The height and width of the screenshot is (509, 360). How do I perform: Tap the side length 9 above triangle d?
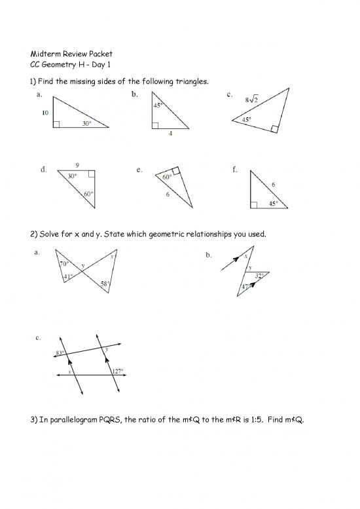click(77, 164)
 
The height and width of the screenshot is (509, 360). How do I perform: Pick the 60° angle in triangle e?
click(167, 178)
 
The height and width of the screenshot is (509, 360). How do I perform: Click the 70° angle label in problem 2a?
click(64, 263)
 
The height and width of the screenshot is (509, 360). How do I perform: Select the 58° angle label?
click(105, 283)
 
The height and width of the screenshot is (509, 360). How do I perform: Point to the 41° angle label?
click(67, 277)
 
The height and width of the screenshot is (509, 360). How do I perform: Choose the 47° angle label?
click(244, 287)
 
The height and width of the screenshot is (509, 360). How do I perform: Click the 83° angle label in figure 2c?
click(59, 354)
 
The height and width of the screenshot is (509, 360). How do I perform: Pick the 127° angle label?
click(117, 371)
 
